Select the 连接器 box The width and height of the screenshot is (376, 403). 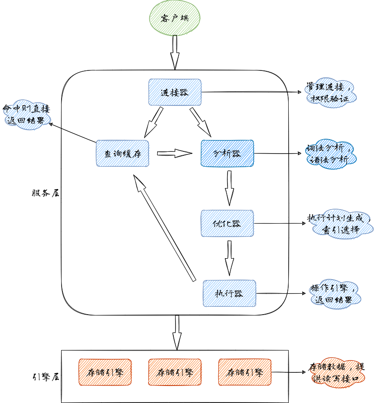pyautogui.click(x=175, y=92)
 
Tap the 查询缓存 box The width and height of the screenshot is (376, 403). pyautogui.click(x=122, y=153)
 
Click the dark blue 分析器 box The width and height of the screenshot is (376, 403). pyautogui.click(x=227, y=153)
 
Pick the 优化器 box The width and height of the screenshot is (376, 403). pyautogui.click(x=227, y=223)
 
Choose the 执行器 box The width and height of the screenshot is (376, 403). pyautogui.click(x=229, y=293)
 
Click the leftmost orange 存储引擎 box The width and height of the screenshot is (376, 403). pyautogui.click(x=105, y=372)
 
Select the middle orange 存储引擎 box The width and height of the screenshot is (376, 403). pyautogui.click(x=175, y=372)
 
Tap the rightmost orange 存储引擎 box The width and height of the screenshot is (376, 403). pyautogui.click(x=245, y=372)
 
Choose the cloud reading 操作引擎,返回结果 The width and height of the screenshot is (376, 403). pyautogui.click(x=333, y=294)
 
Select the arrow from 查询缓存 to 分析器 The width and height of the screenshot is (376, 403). pyautogui.click(x=175, y=153)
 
